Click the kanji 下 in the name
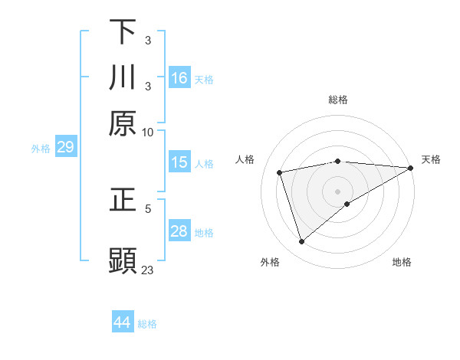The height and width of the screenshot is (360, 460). point(123,31)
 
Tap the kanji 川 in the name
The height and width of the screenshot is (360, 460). point(123,77)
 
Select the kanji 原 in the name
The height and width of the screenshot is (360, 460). point(123,123)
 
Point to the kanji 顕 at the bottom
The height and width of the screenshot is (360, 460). point(123,260)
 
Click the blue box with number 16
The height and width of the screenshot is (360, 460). point(179,78)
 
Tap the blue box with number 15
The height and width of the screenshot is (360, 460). point(179,162)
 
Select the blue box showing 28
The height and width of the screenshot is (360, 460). point(179,231)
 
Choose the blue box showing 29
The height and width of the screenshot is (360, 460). point(65,147)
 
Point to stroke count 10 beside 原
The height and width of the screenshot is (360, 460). point(148,132)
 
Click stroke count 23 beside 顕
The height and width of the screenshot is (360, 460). point(148,270)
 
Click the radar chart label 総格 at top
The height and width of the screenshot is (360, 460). point(338,100)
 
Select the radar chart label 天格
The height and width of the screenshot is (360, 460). point(431,159)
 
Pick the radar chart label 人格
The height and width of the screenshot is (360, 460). point(245,159)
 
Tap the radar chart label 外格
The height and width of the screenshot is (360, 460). point(270,262)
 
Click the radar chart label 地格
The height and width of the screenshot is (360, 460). point(402,262)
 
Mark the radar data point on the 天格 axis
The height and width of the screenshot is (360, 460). point(411,168)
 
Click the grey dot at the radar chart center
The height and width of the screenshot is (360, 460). point(338,191)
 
